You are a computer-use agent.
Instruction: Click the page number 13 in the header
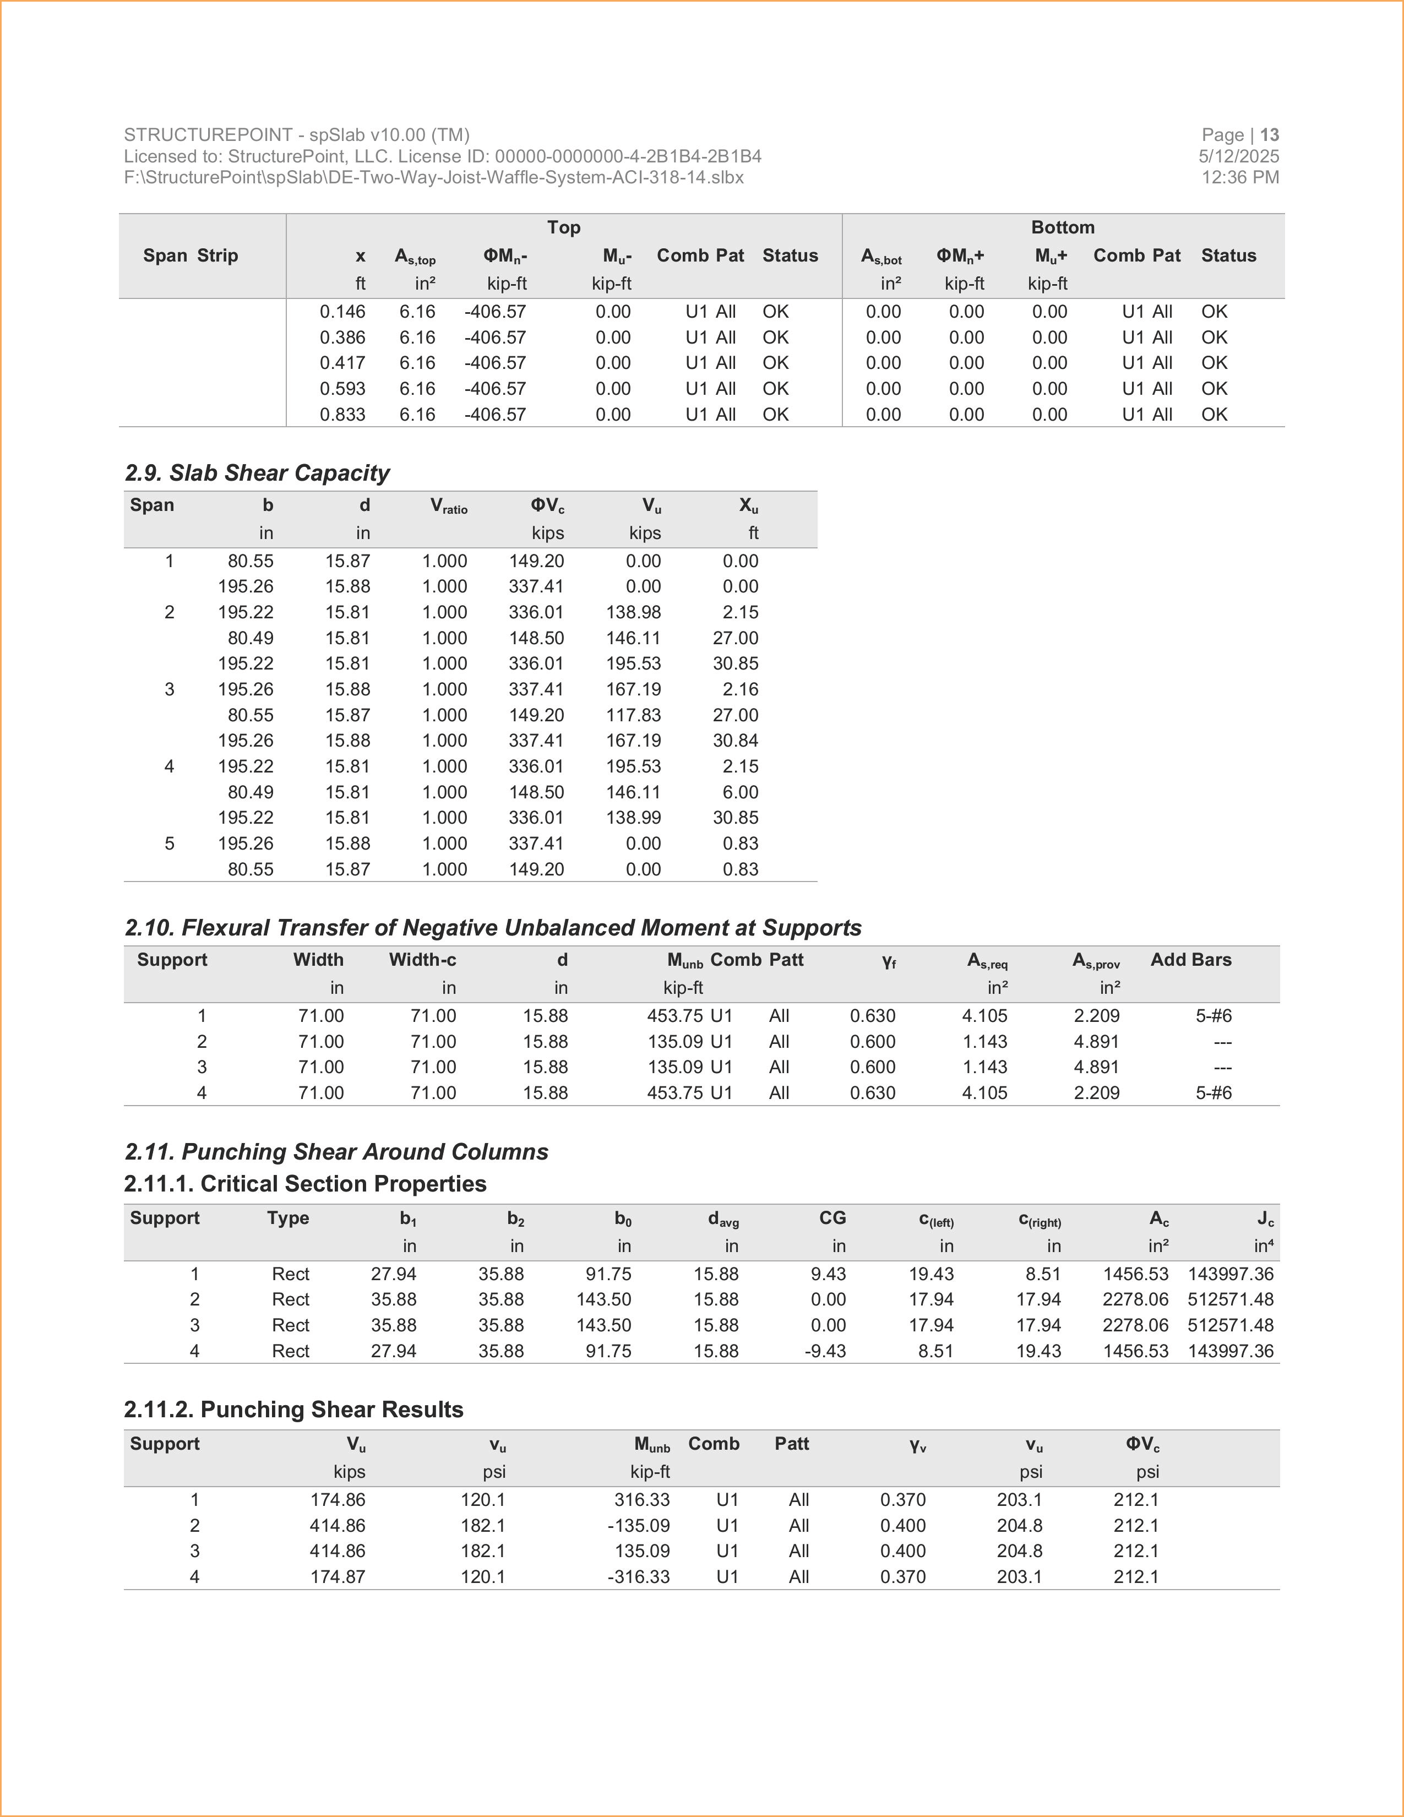1269,135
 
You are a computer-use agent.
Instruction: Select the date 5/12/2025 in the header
1238,156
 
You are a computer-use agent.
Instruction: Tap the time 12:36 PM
1240,177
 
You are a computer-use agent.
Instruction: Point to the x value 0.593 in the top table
342,389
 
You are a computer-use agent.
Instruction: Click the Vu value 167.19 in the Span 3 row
633,689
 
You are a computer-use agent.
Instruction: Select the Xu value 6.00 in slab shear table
740,792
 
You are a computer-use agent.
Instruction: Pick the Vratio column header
448,506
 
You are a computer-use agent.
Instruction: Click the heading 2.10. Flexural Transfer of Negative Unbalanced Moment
492,928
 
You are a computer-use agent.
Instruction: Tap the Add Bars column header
1190,960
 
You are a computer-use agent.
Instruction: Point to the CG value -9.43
825,1351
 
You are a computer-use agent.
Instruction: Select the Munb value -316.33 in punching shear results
638,1576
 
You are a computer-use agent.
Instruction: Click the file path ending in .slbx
433,177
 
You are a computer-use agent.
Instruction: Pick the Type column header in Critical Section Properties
288,1218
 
